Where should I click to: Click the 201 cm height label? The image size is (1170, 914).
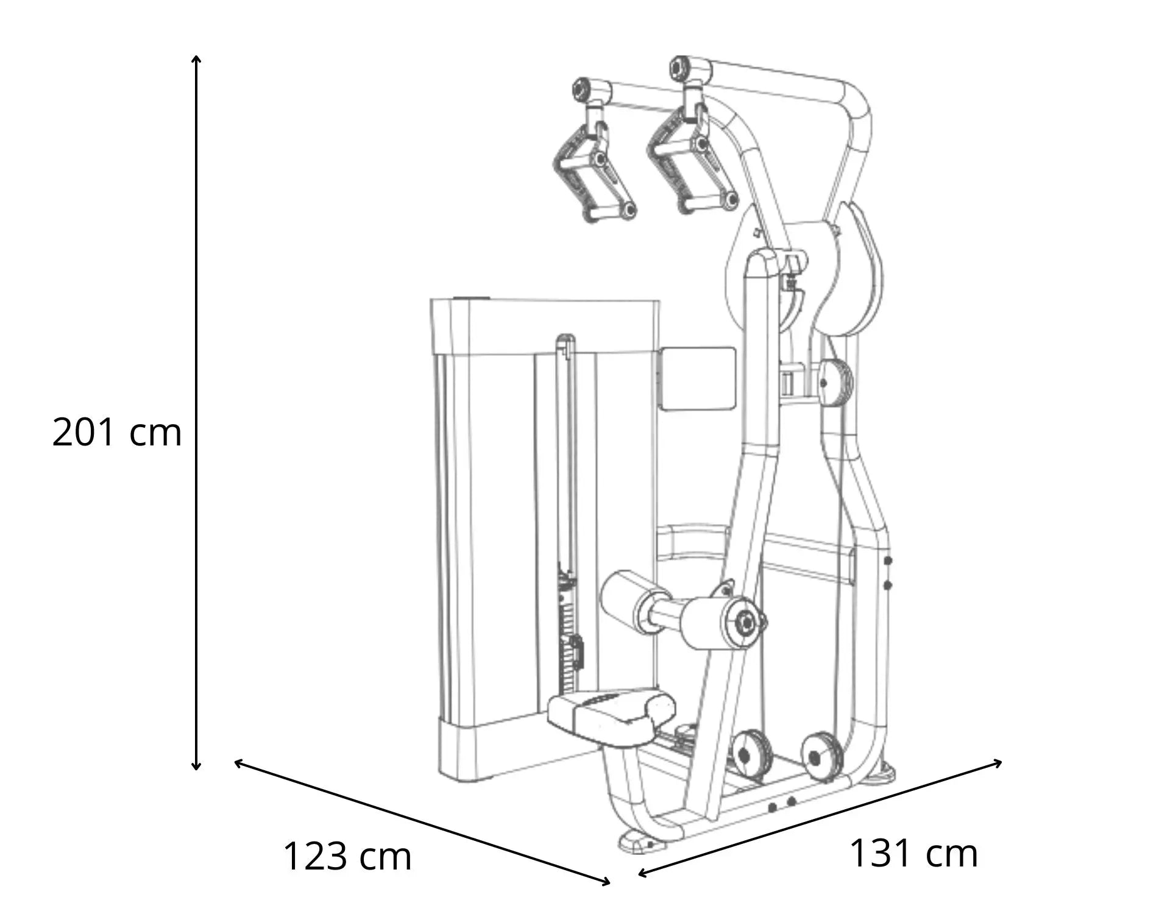point(117,433)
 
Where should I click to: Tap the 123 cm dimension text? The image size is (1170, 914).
point(347,856)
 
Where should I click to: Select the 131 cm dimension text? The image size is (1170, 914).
point(913,852)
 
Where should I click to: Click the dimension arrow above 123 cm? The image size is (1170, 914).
point(422,822)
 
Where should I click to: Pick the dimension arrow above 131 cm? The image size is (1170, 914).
point(820,818)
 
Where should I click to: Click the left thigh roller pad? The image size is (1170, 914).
point(628,595)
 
